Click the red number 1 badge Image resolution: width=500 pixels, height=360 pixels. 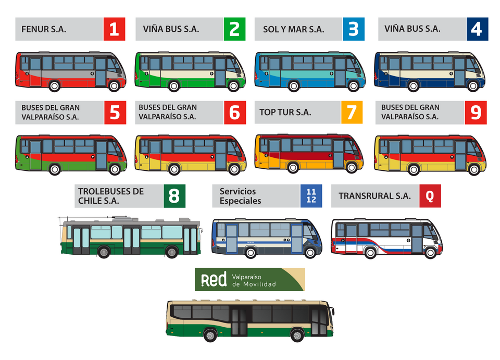(114, 29)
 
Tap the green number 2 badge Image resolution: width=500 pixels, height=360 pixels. (234, 29)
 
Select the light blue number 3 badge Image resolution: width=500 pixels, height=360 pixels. (354, 29)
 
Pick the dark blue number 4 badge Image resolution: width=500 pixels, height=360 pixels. (477, 29)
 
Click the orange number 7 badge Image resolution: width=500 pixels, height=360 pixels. (352, 113)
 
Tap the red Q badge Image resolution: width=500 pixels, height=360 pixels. (430, 196)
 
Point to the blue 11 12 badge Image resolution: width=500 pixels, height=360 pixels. (311, 196)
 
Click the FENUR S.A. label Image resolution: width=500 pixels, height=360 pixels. (44, 29)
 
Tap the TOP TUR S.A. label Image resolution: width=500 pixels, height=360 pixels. (285, 113)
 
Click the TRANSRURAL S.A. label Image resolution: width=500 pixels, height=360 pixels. (374, 196)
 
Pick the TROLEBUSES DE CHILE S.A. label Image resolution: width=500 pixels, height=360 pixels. (111, 196)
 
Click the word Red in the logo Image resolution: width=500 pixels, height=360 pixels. (214, 280)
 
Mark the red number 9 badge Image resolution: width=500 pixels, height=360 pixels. (476, 113)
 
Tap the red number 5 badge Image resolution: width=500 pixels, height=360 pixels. (115, 113)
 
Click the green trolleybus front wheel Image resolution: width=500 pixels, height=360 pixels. (171, 252)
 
